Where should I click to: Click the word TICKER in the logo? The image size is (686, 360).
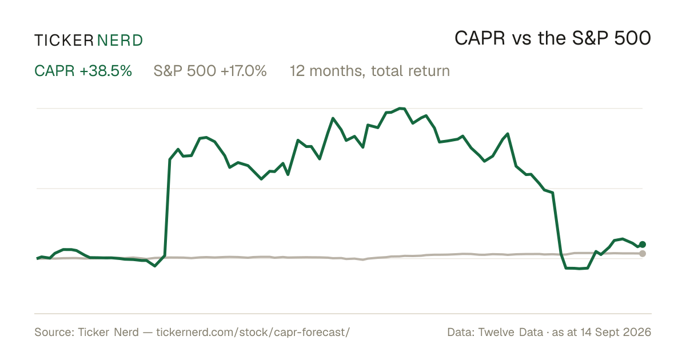(x=64, y=41)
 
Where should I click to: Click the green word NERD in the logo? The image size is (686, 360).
(x=119, y=41)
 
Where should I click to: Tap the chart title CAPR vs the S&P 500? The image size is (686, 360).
(x=552, y=38)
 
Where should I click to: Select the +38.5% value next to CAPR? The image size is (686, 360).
(x=106, y=71)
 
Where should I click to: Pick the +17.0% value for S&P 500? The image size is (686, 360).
(x=244, y=71)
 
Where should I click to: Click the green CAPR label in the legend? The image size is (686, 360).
(x=54, y=71)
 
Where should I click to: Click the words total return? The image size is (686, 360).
(x=410, y=71)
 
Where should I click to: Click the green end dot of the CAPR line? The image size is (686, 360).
(x=643, y=245)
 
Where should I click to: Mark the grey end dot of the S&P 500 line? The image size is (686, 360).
(x=643, y=254)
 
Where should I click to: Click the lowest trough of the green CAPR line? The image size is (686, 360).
(x=579, y=269)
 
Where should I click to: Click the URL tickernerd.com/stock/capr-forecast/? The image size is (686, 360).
(x=253, y=333)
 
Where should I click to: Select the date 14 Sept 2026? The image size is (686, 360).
(x=616, y=332)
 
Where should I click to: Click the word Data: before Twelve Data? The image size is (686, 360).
(x=461, y=332)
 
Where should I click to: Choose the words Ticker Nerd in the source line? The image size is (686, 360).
(x=108, y=332)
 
